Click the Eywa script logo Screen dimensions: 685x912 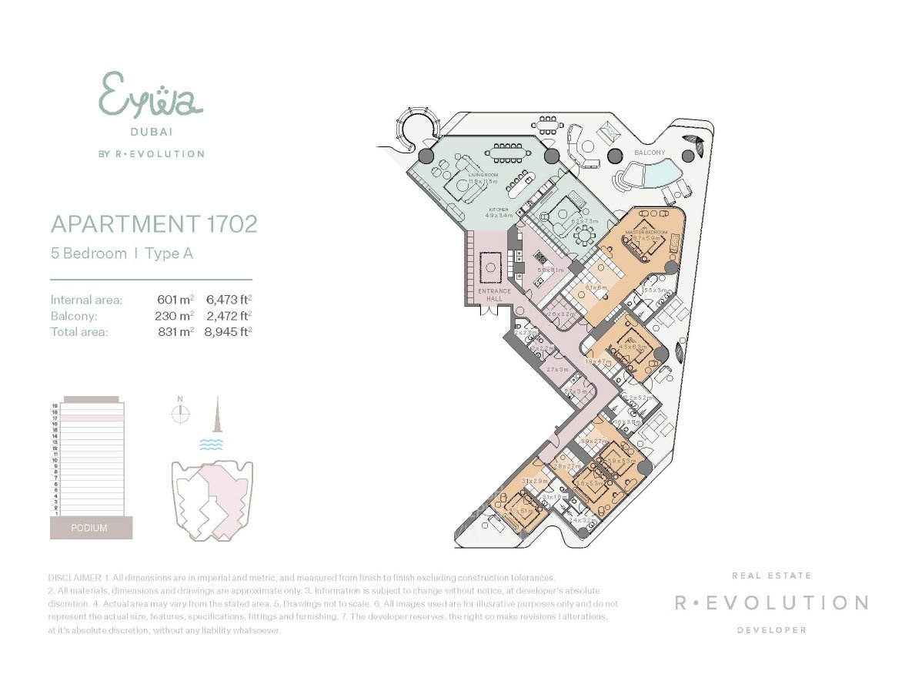150,95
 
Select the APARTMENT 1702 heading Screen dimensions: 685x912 153,224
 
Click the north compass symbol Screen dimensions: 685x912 180,413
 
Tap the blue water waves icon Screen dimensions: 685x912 210,445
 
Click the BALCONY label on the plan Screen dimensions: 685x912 649,153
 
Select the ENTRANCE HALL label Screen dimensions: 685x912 494,295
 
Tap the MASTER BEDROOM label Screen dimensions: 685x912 645,232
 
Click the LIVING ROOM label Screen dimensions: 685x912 483,176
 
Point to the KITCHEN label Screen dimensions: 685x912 499,209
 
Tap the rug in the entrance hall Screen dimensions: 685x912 490,269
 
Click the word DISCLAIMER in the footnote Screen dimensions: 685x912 74,577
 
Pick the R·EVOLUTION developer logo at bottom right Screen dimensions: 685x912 771,603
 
